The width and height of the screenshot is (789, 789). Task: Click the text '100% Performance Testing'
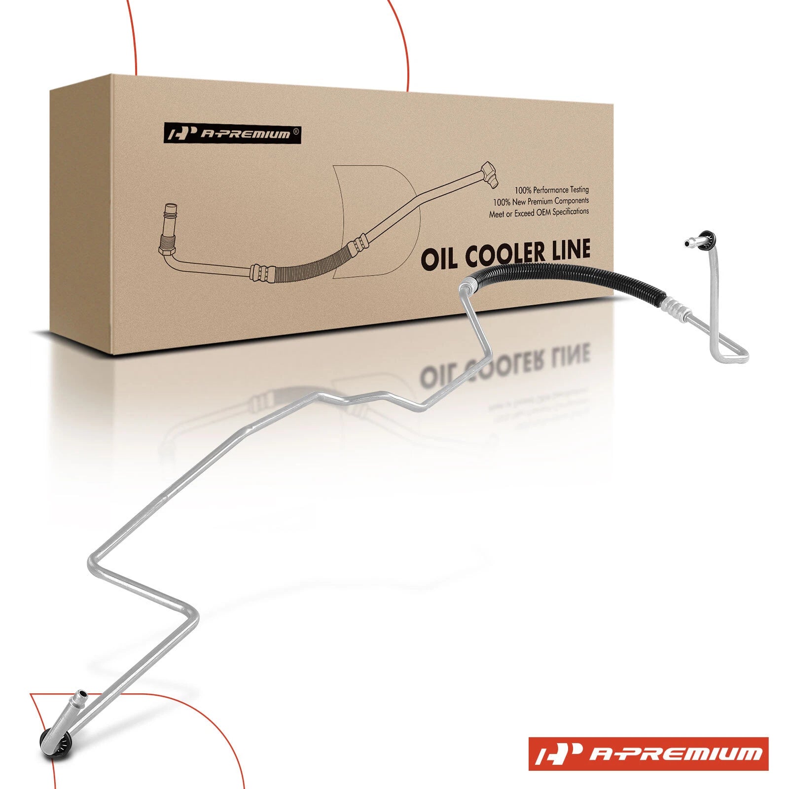click(552, 189)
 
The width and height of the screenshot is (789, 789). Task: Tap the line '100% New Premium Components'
click(541, 201)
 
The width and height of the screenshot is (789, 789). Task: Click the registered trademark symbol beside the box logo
click(295, 131)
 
